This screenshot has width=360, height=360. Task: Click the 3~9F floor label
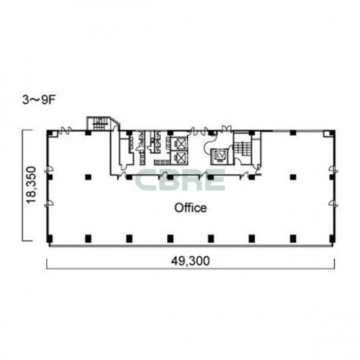pos(39,100)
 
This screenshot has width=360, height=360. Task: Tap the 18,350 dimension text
pos(32,185)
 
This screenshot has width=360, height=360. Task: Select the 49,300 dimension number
pos(191,261)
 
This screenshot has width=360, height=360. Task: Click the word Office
pos(191,208)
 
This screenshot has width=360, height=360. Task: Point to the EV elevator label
pos(219,156)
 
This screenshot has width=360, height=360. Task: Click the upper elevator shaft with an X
pos(179,144)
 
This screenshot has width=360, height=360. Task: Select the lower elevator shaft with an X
pos(179,157)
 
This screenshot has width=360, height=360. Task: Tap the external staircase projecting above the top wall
pos(99,124)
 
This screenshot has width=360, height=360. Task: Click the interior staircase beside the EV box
pos(242,149)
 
